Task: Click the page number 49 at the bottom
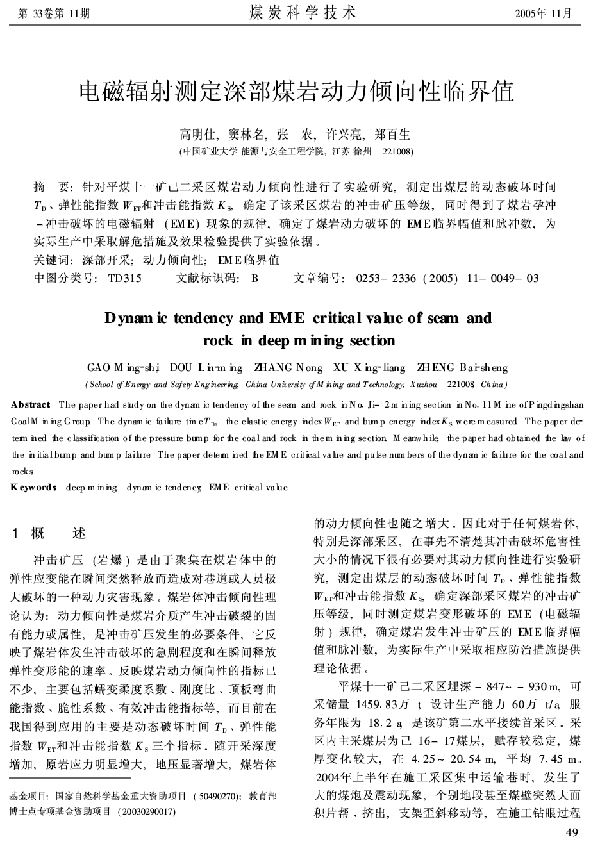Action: (573, 832)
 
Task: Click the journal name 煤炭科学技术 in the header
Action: (301, 12)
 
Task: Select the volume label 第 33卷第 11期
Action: (54, 13)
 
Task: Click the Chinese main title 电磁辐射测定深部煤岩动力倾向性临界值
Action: (296, 92)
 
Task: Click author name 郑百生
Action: (392, 135)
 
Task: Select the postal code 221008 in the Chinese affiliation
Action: (397, 152)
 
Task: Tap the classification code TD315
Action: (125, 278)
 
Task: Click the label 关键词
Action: (53, 260)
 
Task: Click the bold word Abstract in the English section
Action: (31, 404)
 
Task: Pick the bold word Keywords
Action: (33, 488)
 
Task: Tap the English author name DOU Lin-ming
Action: (206, 368)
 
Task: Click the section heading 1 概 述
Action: (49, 533)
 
